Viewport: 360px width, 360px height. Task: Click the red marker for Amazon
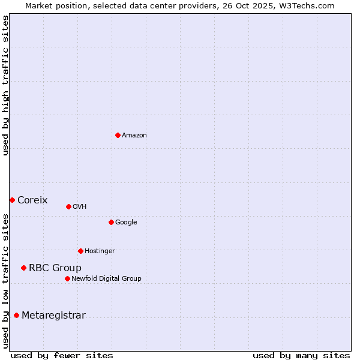[x=118, y=135]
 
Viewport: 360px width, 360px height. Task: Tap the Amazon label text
[x=134, y=136]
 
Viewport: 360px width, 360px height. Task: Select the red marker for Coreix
[x=12, y=200]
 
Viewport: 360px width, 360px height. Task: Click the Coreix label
[x=32, y=200]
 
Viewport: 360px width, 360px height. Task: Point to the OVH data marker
[x=68, y=206]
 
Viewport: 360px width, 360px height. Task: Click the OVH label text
[x=80, y=207]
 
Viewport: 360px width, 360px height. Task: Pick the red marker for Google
[x=111, y=222]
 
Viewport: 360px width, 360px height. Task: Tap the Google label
[x=126, y=223]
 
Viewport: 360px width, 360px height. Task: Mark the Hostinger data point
[x=80, y=251]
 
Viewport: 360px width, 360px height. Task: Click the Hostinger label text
[x=100, y=251]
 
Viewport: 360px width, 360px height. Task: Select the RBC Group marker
[x=23, y=268]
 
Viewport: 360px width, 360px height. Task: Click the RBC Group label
[x=55, y=268]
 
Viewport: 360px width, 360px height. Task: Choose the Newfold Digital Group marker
[x=67, y=278]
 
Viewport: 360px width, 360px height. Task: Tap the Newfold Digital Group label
[x=106, y=279]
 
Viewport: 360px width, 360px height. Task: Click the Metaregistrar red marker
[x=16, y=315]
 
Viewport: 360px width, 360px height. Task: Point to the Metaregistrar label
[x=53, y=316]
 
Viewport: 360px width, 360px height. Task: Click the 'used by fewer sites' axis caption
[x=62, y=355]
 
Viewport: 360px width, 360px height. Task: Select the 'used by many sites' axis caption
[x=301, y=355]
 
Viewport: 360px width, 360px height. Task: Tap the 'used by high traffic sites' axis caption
[x=5, y=85]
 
